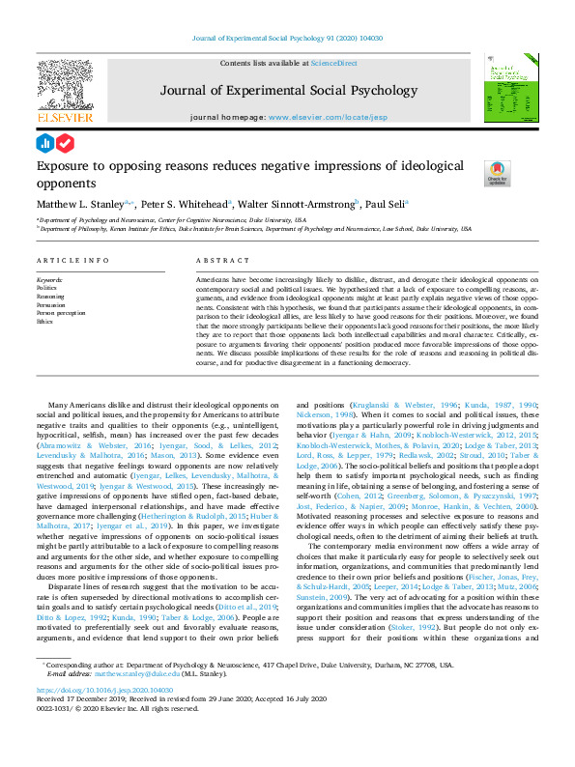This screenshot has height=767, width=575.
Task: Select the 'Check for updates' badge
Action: [x=497, y=174]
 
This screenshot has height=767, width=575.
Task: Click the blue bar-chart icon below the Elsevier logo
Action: [x=44, y=143]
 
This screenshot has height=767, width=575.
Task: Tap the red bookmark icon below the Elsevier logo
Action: [x=66, y=143]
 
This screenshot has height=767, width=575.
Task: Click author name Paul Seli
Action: [x=386, y=205]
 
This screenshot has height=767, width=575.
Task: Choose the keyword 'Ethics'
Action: [x=45, y=322]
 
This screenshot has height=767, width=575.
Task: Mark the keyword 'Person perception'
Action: [x=61, y=314]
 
